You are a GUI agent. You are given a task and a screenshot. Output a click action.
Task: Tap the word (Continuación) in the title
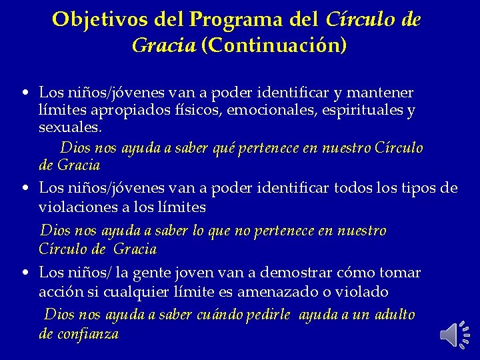(x=275, y=46)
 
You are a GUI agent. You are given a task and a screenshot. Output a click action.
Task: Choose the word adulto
(x=393, y=314)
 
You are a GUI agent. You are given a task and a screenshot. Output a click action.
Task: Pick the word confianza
(x=88, y=334)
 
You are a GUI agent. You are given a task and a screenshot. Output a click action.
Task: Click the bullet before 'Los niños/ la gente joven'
(x=24, y=273)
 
